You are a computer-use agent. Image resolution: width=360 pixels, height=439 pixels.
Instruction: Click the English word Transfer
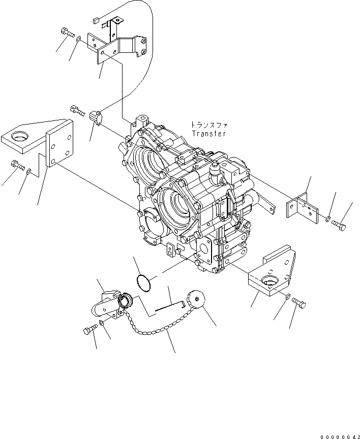(x=209, y=134)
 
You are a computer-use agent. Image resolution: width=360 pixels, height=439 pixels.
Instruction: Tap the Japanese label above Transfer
(x=208, y=124)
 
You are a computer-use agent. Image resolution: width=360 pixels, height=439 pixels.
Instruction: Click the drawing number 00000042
(x=339, y=435)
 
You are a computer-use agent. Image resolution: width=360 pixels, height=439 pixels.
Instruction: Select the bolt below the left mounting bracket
(x=17, y=165)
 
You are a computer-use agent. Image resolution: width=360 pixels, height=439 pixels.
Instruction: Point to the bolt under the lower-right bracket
(x=300, y=304)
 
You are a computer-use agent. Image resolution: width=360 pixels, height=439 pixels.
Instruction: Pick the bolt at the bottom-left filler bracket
(x=89, y=330)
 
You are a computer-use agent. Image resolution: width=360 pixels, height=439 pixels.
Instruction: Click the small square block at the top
(x=96, y=20)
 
